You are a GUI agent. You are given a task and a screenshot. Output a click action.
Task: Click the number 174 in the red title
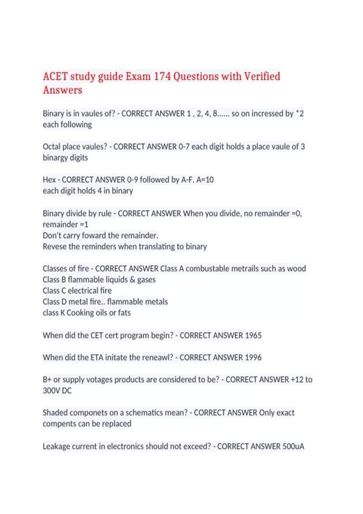162,76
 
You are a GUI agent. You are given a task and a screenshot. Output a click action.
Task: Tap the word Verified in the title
262,76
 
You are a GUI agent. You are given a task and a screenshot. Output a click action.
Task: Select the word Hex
49,180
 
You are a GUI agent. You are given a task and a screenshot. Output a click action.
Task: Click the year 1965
253,336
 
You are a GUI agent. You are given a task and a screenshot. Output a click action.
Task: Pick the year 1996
253,358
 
